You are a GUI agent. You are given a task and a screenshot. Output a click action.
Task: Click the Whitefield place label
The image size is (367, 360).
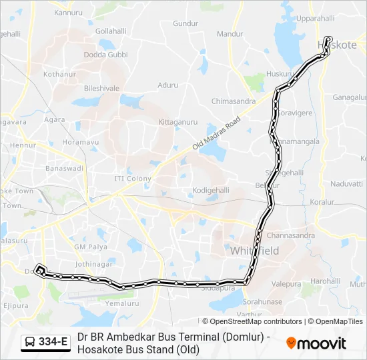click(x=255, y=251)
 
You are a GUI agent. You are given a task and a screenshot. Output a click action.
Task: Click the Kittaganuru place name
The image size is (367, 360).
click(x=178, y=122)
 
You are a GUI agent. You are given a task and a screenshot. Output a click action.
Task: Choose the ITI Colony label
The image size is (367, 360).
click(x=133, y=179)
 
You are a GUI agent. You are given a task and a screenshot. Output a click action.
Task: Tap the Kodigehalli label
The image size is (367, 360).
click(x=211, y=190)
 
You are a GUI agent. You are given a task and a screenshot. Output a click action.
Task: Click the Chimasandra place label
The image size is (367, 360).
click(x=233, y=101)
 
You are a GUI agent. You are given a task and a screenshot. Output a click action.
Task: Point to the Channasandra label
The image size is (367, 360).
click(x=290, y=235)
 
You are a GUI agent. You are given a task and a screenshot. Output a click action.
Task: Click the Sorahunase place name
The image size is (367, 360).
click(x=262, y=301)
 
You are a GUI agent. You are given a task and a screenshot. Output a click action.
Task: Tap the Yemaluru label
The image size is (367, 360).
click(x=121, y=303)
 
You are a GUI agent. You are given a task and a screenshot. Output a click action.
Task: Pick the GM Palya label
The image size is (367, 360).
click(x=91, y=247)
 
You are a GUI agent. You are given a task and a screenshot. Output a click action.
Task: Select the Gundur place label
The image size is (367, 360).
click(x=186, y=23)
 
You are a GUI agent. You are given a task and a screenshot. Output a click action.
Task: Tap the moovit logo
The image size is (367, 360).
click(x=316, y=343)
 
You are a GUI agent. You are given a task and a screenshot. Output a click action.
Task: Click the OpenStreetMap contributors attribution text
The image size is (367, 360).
click(x=252, y=321)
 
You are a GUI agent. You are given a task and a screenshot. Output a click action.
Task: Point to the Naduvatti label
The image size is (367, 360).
click(x=346, y=183)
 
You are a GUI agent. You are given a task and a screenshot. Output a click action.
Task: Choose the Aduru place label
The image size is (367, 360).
click(x=167, y=85)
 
